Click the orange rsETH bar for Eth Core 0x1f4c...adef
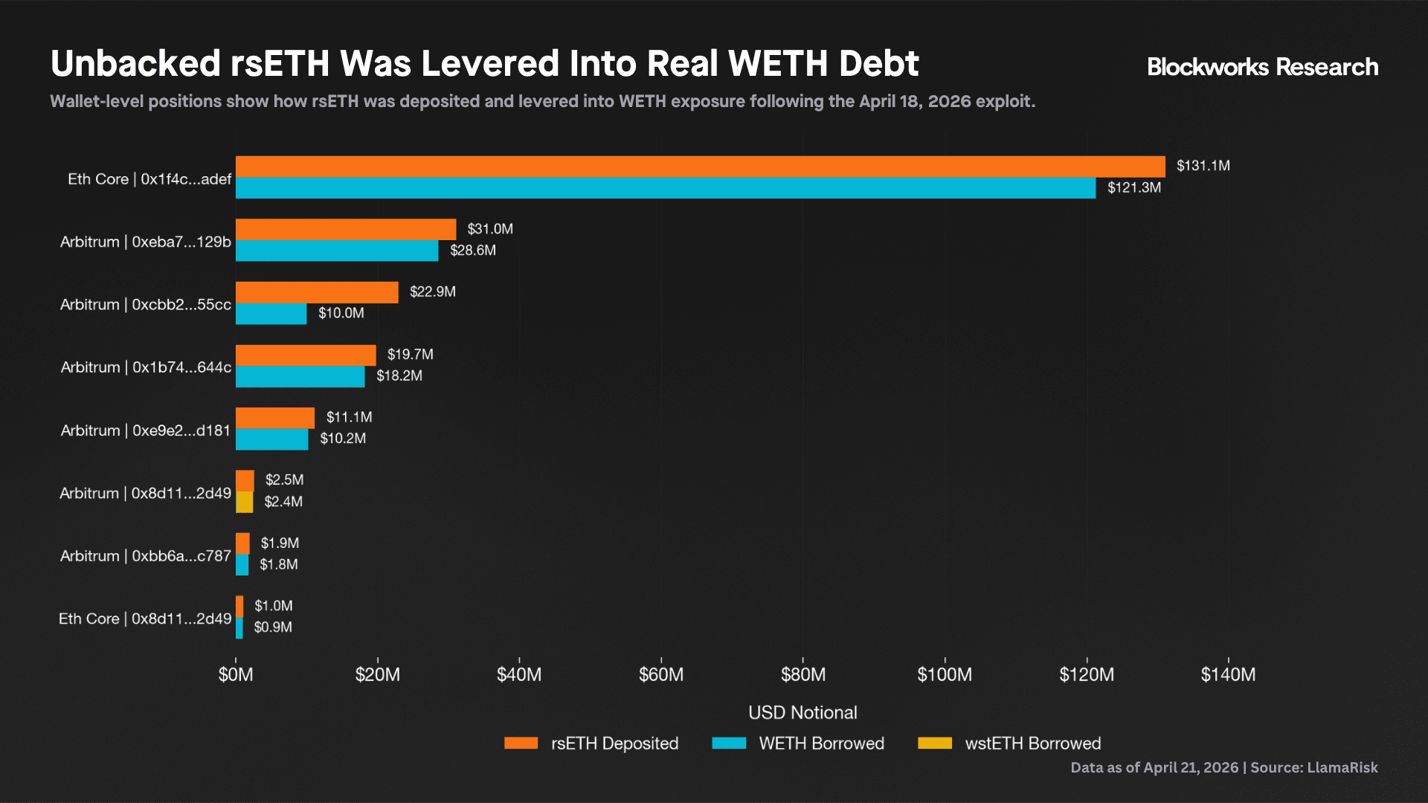(699, 167)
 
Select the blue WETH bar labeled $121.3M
(665, 188)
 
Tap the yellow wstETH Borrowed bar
(244, 502)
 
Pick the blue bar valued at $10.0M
(271, 314)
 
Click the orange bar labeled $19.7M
(306, 355)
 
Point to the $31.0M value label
(490, 229)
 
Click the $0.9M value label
(273, 628)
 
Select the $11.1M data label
(349, 417)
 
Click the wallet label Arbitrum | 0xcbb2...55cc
(146, 305)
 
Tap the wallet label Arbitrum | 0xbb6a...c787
(146, 556)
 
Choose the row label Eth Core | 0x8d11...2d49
(145, 619)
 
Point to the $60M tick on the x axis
(661, 674)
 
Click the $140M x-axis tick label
(1228, 674)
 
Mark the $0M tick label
(236, 674)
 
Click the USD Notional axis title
(803, 712)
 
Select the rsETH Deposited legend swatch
(521, 743)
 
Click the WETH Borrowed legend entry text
(821, 744)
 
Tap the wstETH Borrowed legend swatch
(935, 743)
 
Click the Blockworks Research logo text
(1262, 67)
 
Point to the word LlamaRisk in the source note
(1342, 767)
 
